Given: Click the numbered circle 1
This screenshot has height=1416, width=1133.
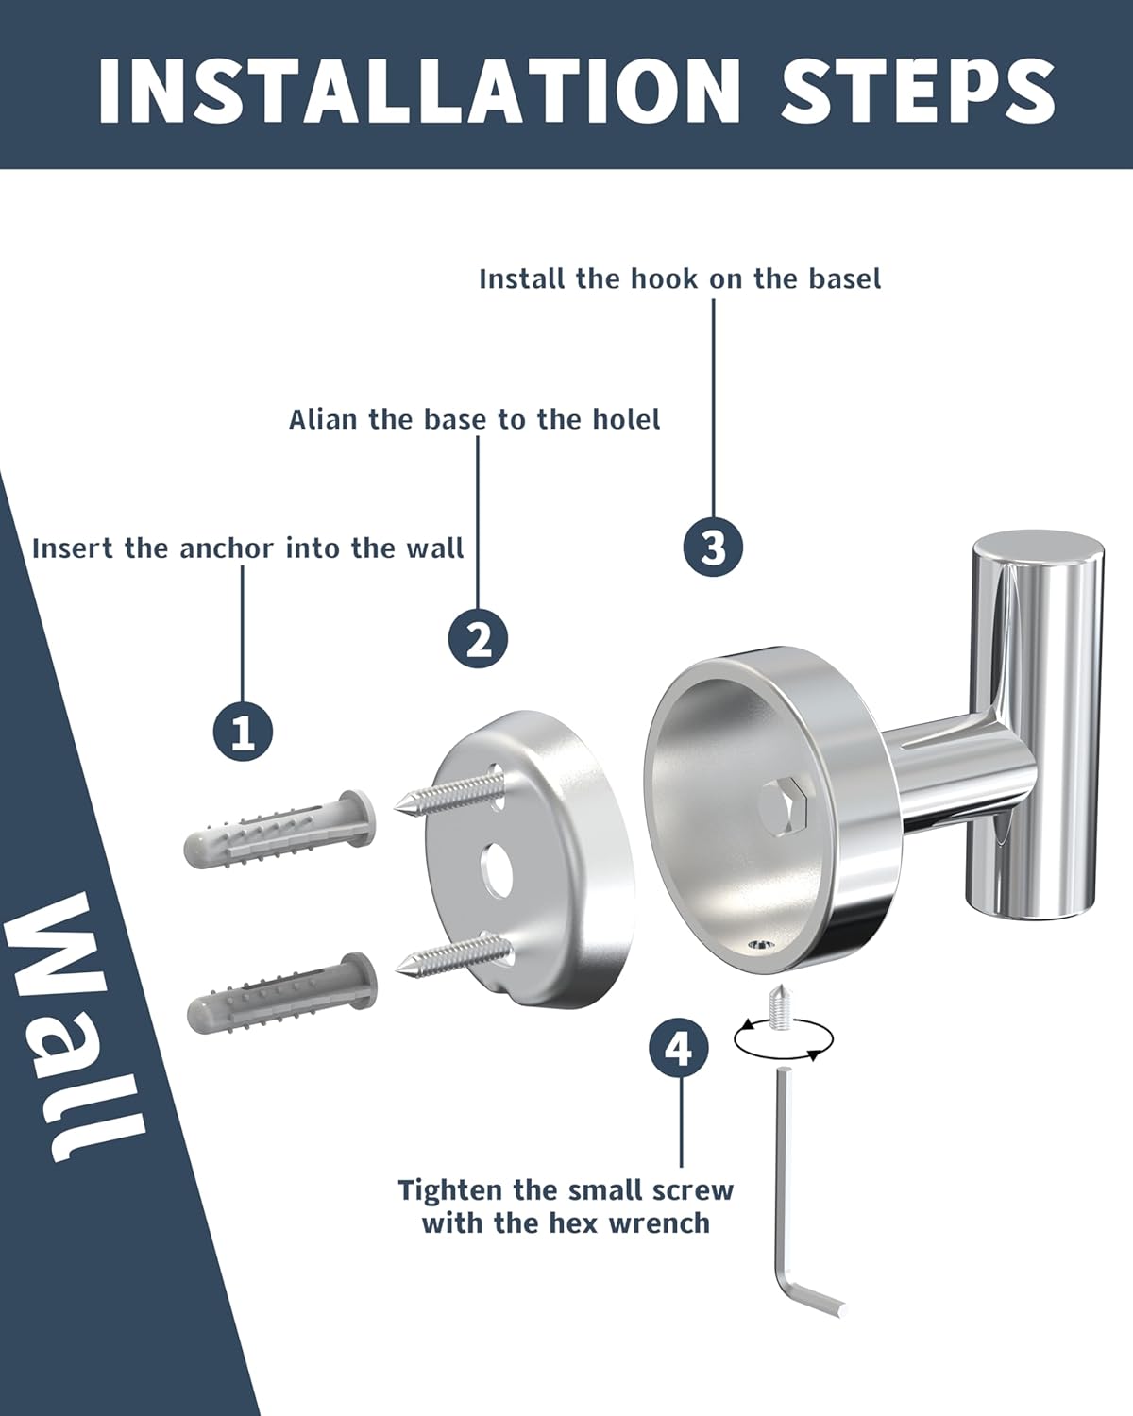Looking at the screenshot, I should click(x=244, y=732).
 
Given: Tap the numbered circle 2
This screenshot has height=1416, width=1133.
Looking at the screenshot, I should click(x=479, y=639).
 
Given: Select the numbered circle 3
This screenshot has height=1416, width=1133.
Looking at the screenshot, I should click(x=713, y=547).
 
